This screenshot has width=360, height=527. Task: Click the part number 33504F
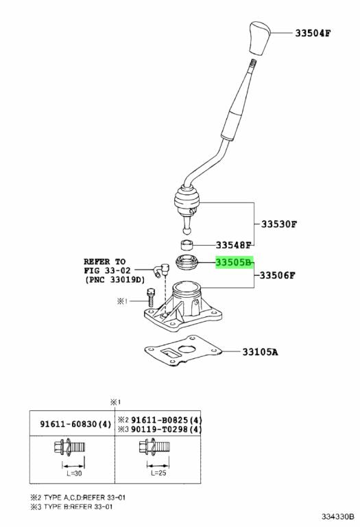(313, 33)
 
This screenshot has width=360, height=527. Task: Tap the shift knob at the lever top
(261, 38)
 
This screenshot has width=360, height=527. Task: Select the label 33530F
(279, 224)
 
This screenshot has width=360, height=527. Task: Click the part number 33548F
(233, 245)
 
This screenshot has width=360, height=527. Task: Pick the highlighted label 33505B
(233, 262)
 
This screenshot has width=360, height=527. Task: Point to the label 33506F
(278, 276)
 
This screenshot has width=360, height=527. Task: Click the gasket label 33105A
(261, 352)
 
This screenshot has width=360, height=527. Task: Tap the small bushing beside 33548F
(188, 246)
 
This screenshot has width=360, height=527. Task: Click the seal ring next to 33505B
(188, 262)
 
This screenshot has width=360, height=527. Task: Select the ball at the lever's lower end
(187, 231)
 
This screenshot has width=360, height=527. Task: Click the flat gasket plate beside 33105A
(183, 351)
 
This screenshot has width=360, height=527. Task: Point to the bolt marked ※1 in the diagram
(151, 296)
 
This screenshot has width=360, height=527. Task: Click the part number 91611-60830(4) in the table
(75, 424)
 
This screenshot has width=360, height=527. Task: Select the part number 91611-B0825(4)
(167, 420)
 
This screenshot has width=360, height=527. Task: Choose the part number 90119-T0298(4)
(167, 429)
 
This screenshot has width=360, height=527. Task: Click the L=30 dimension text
(74, 473)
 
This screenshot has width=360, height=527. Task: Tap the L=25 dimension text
(159, 473)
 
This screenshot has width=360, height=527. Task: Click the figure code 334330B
(338, 516)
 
